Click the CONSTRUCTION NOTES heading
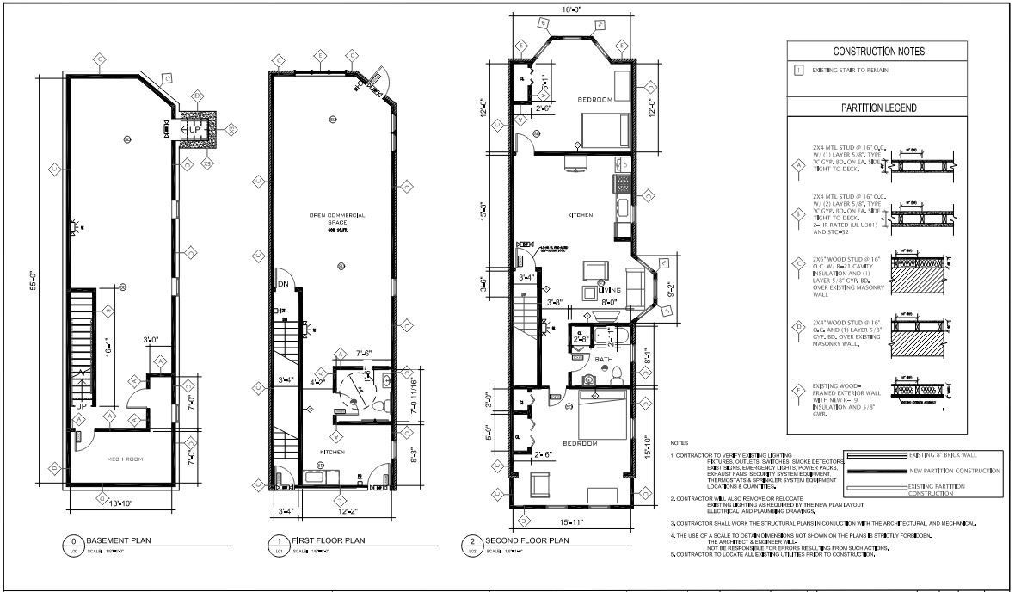click(x=879, y=52)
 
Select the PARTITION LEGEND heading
click(x=879, y=108)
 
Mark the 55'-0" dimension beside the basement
click(x=35, y=276)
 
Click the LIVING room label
click(x=611, y=291)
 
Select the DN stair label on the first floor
click(x=282, y=284)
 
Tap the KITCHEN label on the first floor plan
click(x=333, y=450)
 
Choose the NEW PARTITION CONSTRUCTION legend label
click(x=955, y=471)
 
